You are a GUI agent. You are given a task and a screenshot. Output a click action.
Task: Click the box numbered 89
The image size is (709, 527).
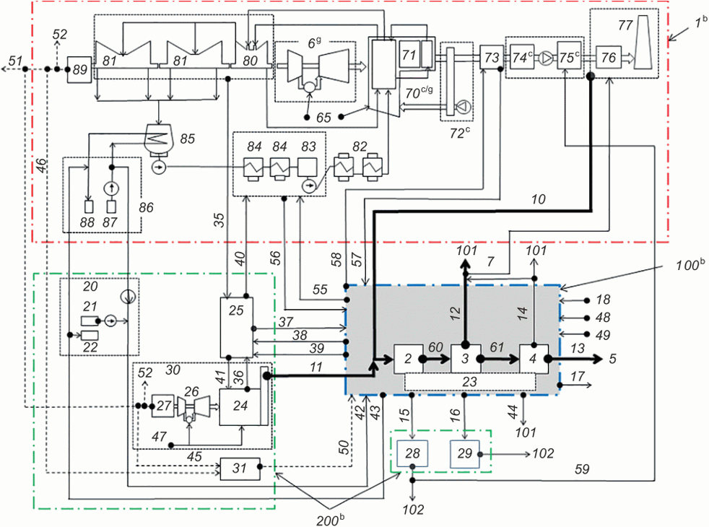click(79, 69)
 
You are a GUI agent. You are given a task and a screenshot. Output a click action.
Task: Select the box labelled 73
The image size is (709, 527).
click(492, 58)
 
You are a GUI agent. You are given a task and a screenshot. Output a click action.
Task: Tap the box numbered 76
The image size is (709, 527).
click(609, 58)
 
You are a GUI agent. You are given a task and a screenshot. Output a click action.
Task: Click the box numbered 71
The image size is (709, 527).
click(409, 55)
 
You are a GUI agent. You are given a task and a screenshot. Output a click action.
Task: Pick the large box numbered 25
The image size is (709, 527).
click(237, 327)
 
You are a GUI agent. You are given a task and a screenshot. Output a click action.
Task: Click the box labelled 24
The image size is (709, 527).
click(240, 406)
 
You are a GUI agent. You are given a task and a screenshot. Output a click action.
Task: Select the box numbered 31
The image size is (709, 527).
click(240, 469)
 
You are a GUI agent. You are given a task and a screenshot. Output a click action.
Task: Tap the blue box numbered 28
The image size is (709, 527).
click(412, 453)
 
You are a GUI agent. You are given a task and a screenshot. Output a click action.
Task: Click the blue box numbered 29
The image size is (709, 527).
click(465, 453)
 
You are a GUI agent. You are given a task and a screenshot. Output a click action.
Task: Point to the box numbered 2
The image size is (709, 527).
click(409, 359)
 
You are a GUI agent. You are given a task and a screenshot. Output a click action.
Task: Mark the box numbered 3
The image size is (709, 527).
click(465, 359)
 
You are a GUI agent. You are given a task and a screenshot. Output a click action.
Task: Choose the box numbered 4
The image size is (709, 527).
click(534, 359)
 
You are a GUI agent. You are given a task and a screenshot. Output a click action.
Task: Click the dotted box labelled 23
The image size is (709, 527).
click(470, 383)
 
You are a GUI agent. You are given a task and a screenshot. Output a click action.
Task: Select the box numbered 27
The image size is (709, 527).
click(162, 406)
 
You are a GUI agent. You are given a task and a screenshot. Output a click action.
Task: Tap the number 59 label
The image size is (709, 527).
click(582, 469)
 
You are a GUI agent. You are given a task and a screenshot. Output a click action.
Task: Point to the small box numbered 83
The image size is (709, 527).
click(308, 167)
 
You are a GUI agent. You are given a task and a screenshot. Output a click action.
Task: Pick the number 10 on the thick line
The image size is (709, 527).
click(538, 199)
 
